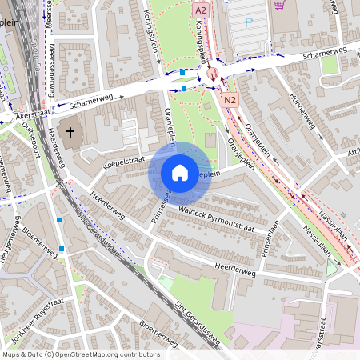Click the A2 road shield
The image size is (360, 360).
pyautogui.click(x=201, y=10)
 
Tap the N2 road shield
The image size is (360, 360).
pyautogui.click(x=231, y=99)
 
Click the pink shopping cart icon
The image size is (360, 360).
pyautogui.click(x=279, y=4)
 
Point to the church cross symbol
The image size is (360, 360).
pyautogui.click(x=70, y=131)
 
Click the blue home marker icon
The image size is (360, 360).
pyautogui.click(x=180, y=173)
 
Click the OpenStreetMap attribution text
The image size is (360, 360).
pyautogui.click(x=80, y=354)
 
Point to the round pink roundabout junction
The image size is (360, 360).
pyautogui.click(x=213, y=73)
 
